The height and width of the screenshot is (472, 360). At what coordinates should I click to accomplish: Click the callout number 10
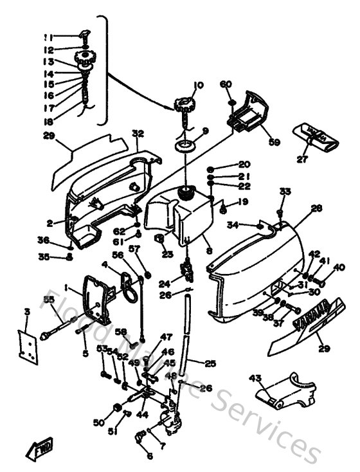tap(197, 86)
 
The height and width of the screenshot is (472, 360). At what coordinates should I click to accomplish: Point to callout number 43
tap(255, 377)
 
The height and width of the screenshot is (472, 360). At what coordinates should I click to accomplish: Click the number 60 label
tap(226, 85)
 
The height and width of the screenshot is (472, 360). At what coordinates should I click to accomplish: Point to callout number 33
tap(284, 192)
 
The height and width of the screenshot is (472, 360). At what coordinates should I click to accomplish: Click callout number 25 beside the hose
tap(211, 364)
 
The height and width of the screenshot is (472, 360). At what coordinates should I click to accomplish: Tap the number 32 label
tap(137, 134)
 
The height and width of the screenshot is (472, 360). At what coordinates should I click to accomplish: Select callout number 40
tap(339, 268)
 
